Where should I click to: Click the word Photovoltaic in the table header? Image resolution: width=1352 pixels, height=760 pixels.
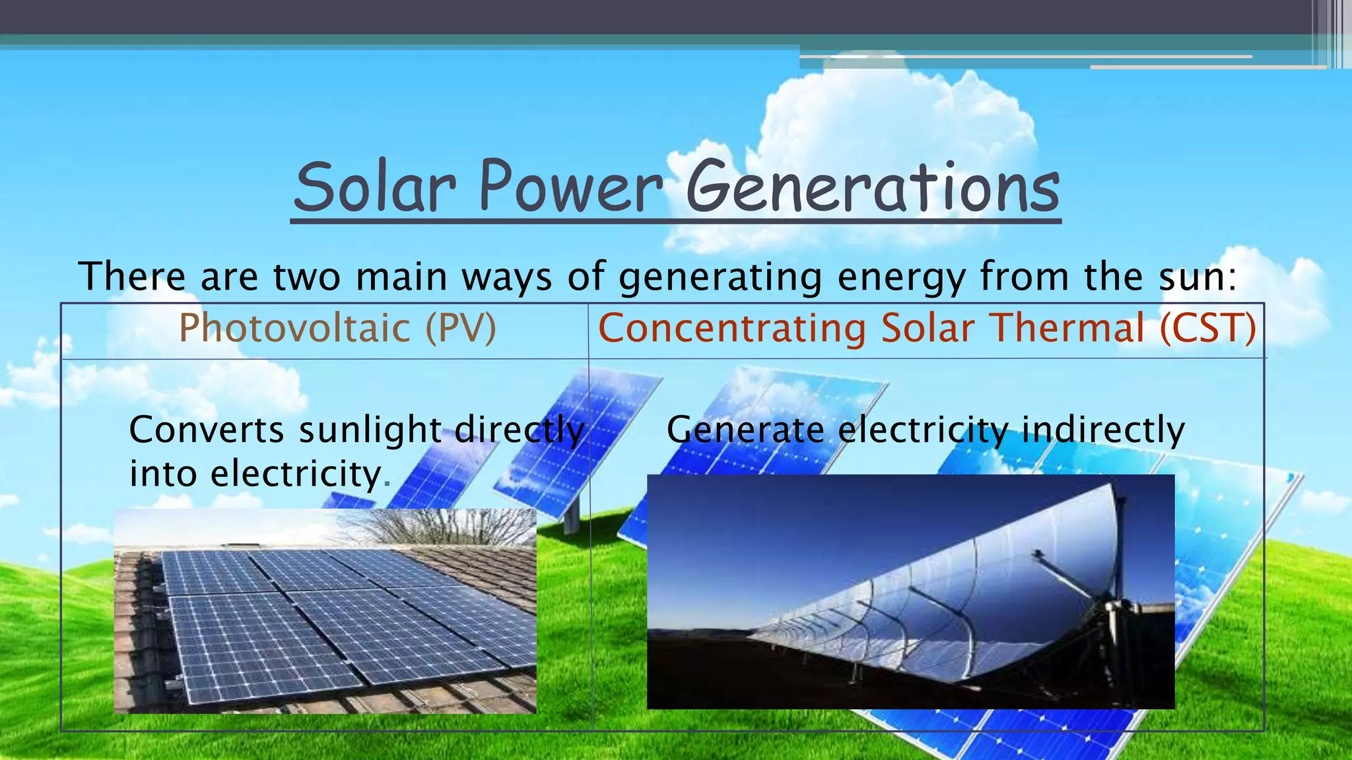pyautogui.click(x=294, y=328)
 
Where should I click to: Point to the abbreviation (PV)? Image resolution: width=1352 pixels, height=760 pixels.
pyautogui.click(x=460, y=328)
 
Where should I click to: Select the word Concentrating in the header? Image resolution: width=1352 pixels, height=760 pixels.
pyautogui.click(x=731, y=328)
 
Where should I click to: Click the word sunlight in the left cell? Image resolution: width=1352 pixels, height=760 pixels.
pyautogui.click(x=370, y=430)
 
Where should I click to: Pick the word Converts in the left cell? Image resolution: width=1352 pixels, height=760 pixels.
pyautogui.click(x=207, y=430)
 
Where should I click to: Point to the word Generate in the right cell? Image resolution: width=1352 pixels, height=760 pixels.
pyautogui.click(x=745, y=430)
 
